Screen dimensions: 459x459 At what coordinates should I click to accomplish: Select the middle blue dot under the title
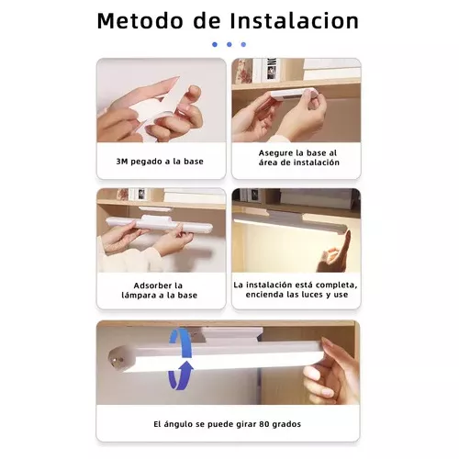[229, 44]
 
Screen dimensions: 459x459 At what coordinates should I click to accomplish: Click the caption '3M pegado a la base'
[161, 161]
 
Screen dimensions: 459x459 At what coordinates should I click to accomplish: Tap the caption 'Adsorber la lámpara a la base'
[161, 289]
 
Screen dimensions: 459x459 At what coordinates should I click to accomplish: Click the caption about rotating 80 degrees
[228, 423]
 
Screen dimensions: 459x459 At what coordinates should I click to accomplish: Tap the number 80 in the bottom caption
[266, 423]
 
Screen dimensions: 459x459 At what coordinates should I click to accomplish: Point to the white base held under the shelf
[292, 98]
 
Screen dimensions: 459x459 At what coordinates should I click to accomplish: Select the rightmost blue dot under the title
[243, 44]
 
